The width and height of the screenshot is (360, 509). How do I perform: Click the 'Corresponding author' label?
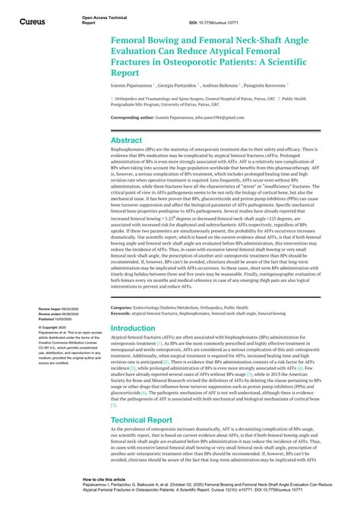(x=135, y=118)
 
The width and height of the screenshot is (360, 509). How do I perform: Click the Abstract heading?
(x=126, y=140)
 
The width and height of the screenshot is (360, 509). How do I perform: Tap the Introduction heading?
(x=133, y=328)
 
